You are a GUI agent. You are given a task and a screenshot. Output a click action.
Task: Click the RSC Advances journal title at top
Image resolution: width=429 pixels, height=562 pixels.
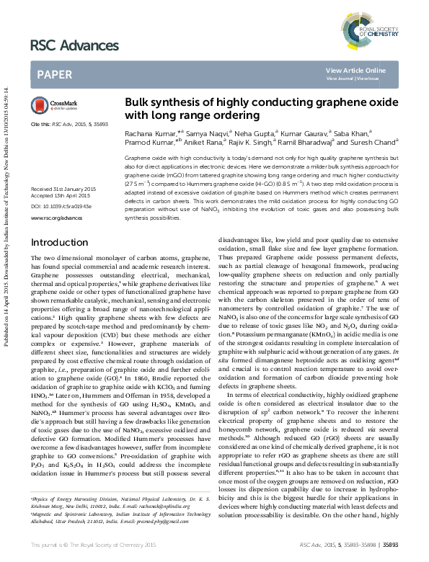[x=74, y=47]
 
